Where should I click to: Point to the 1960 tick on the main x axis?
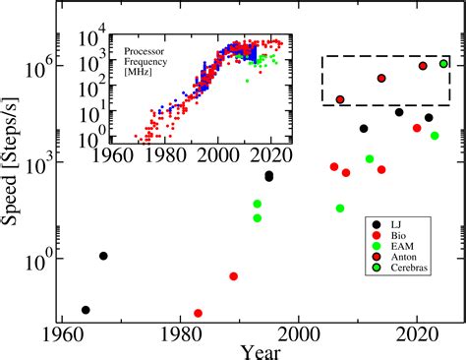(63, 337)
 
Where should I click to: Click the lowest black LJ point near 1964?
(86, 310)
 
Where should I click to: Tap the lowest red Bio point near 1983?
(199, 313)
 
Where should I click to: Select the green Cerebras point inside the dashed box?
(443, 64)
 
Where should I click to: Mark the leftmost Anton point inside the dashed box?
(340, 99)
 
